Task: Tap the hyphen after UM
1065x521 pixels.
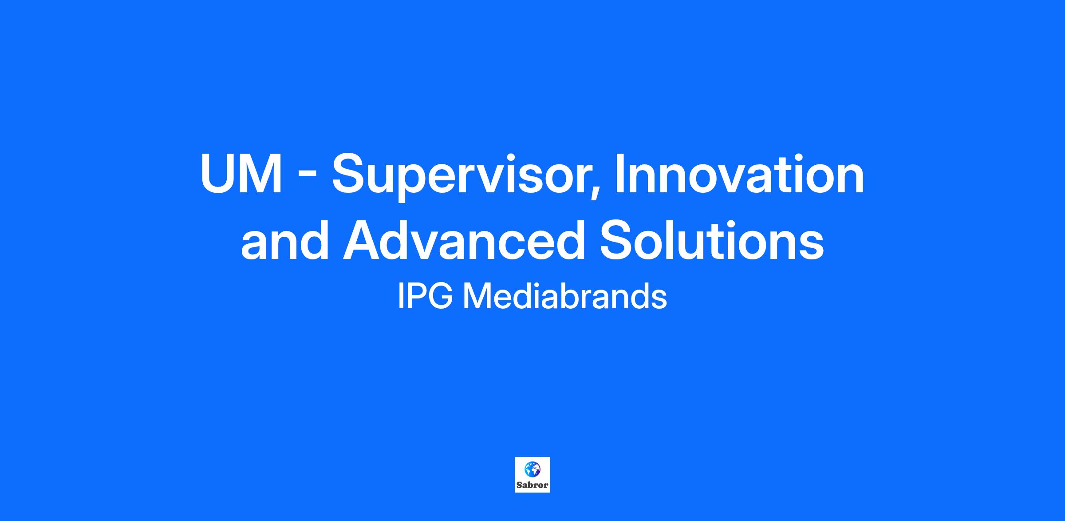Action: (307, 178)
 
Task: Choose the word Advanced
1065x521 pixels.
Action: (464, 240)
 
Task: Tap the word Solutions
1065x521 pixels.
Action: (712, 240)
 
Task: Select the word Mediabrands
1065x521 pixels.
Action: (565, 296)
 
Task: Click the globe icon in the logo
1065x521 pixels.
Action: (532, 469)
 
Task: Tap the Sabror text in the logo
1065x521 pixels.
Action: (532, 485)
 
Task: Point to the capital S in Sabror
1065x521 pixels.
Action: (519, 485)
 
